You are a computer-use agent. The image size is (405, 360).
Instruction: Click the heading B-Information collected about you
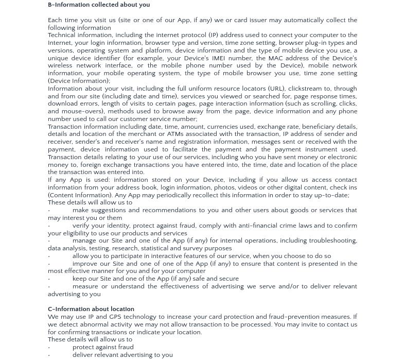99,5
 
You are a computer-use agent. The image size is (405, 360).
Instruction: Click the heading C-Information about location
91,309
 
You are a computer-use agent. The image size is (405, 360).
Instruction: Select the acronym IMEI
218,58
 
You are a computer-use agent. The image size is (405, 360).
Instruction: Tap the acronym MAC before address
275,58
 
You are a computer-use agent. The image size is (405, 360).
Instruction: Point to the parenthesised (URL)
276,89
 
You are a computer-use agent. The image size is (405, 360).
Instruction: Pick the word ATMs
175,134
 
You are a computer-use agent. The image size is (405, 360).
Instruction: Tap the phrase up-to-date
330,195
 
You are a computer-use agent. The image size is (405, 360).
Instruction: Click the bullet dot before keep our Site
49,279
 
